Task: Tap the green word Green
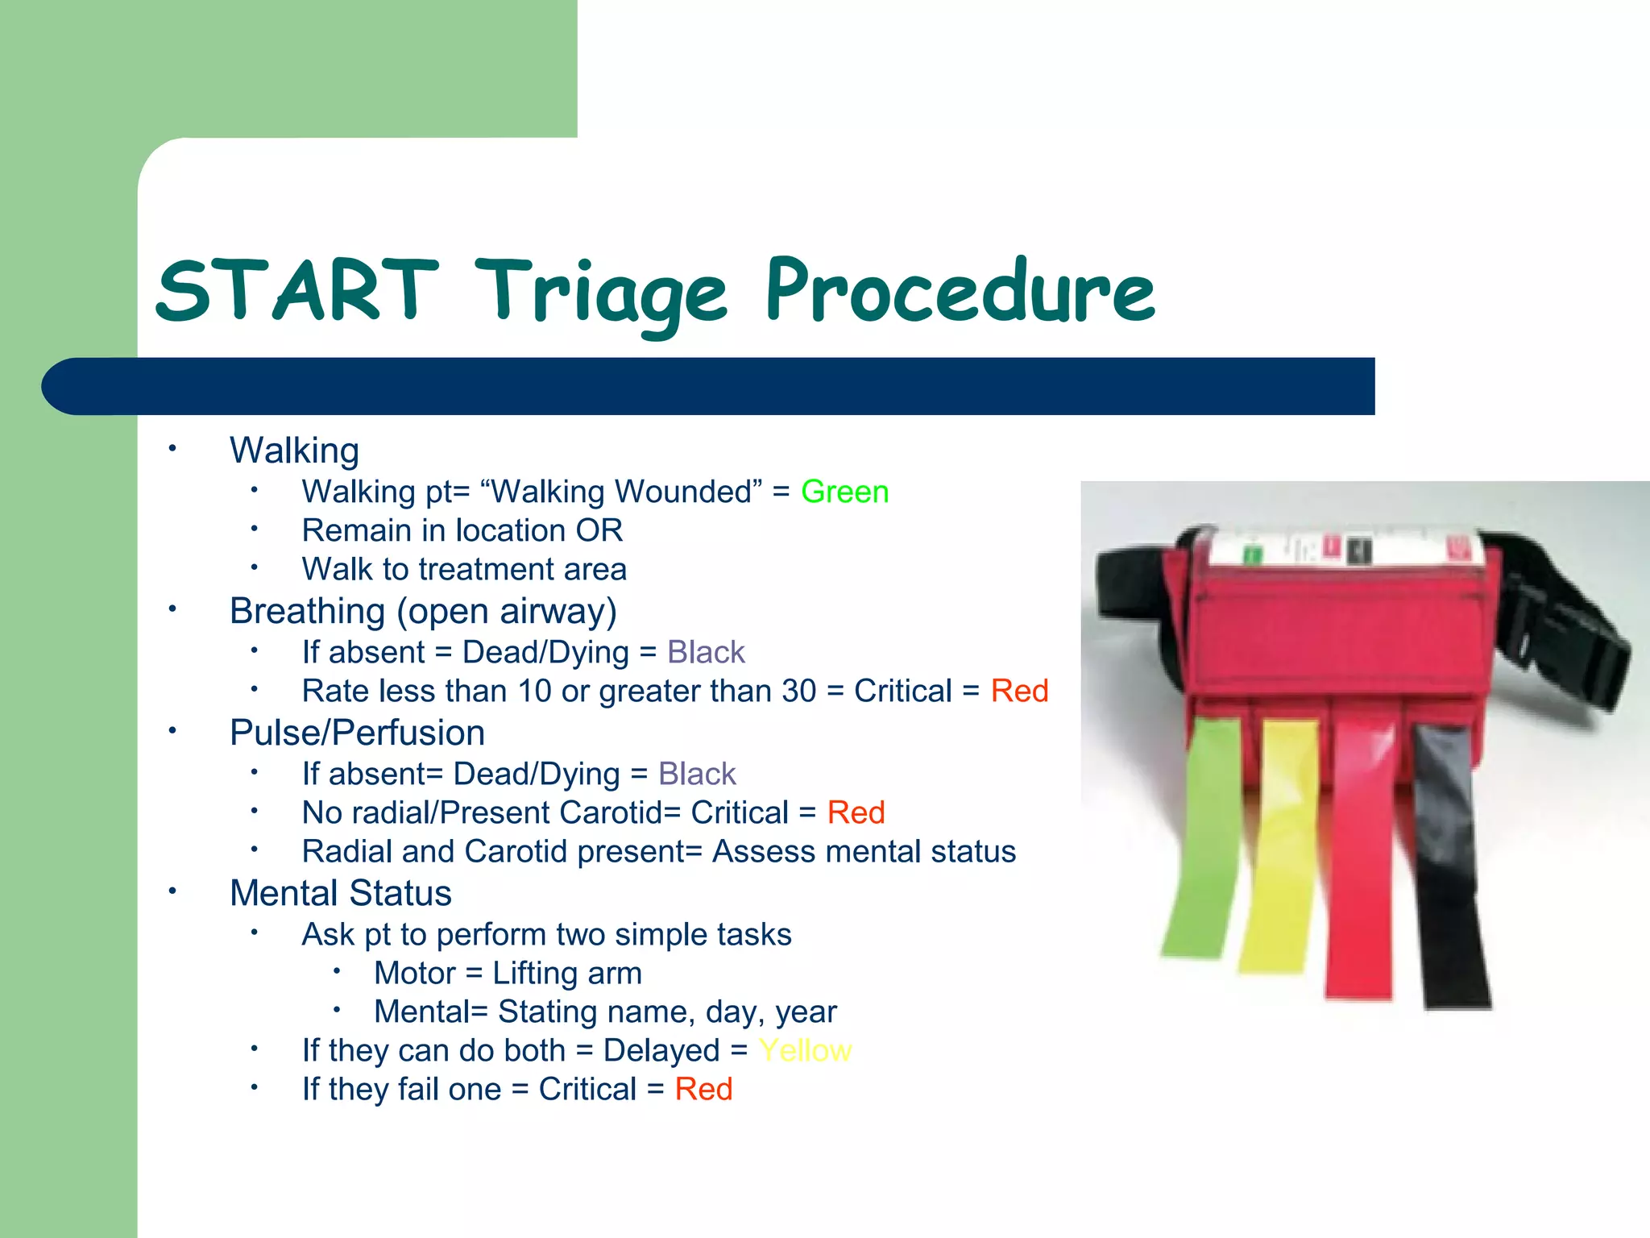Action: click(844, 492)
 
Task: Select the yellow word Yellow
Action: click(804, 1050)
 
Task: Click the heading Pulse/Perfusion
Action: click(357, 733)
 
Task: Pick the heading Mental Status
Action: click(340, 893)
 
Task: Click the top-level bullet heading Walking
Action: click(294, 450)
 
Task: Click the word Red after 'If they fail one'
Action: click(703, 1089)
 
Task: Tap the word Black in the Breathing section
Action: click(706, 652)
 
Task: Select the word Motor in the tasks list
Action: click(415, 973)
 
